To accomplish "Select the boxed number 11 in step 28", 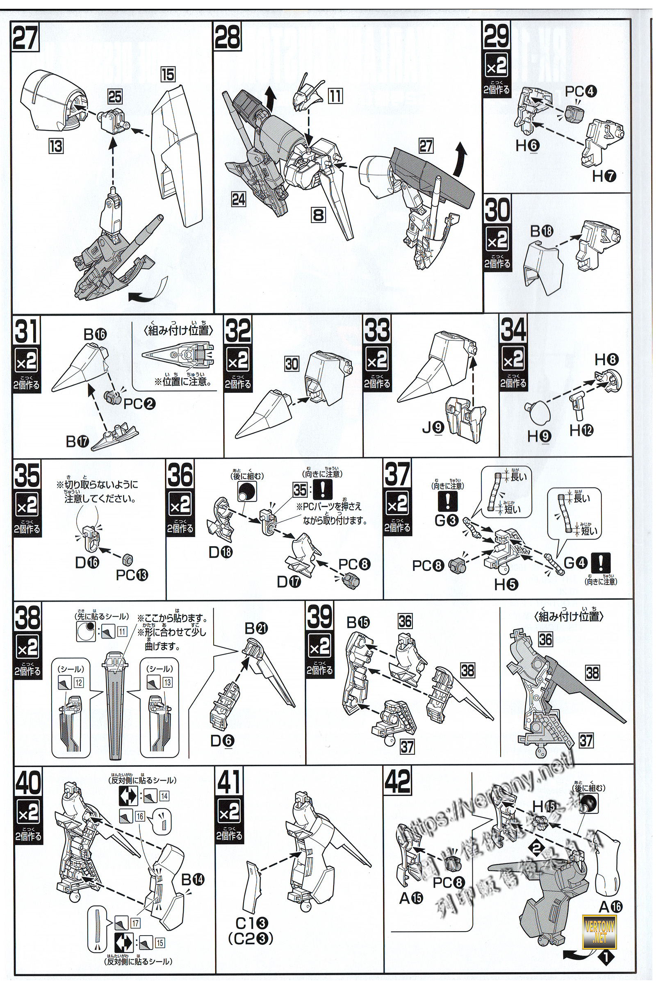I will click(x=335, y=96).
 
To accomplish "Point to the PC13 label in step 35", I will click(x=132, y=575).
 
